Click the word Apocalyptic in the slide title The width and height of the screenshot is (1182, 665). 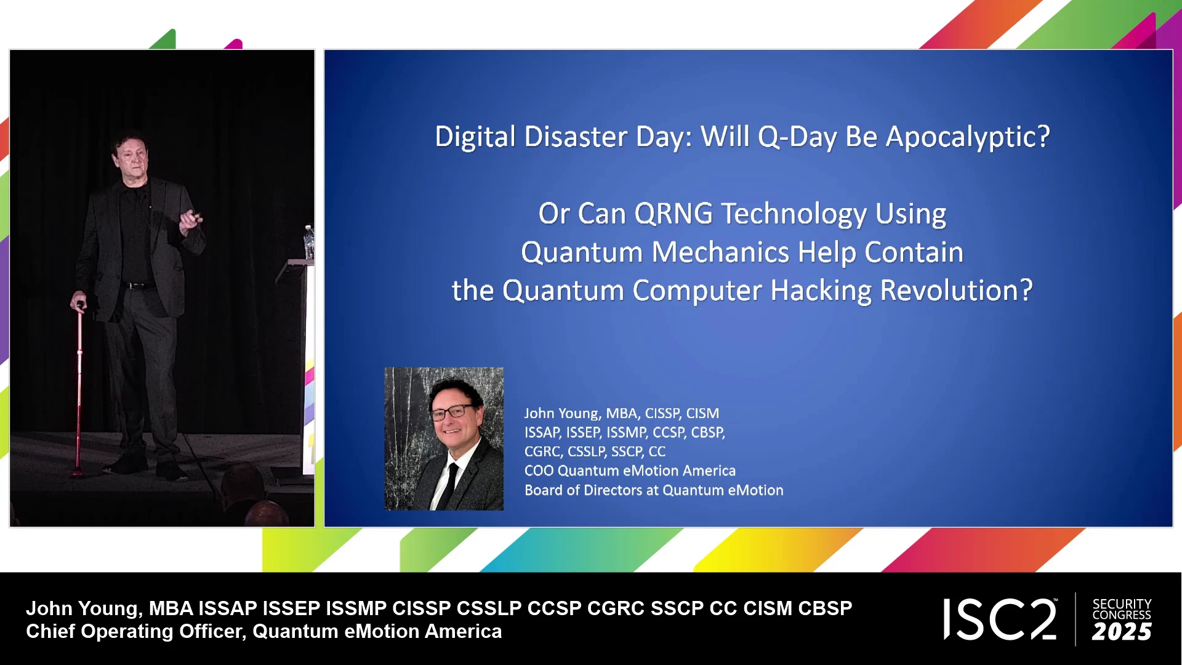pos(967,137)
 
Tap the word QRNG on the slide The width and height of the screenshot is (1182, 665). pos(673,214)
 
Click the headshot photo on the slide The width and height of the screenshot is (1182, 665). pos(444,439)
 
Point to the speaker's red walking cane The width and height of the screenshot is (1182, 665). pos(79,388)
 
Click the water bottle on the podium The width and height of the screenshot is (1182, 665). pos(309,242)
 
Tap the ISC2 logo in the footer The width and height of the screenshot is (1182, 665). pos(1000,619)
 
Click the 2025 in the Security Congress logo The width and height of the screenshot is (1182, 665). pos(1122,632)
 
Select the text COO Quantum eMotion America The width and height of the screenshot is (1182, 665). pos(630,471)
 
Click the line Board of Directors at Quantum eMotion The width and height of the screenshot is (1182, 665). pos(654,490)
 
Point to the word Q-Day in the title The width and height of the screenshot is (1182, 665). pos(797,137)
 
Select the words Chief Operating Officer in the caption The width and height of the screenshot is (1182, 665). pos(136,632)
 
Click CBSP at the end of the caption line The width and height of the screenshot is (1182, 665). pos(825,608)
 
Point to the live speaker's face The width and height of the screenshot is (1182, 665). pos(132,159)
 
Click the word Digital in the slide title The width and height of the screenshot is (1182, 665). pos(475,137)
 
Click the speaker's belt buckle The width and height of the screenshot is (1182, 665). pos(132,286)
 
